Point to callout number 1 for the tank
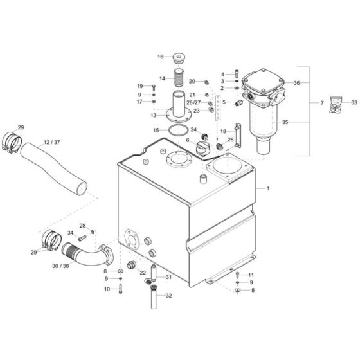point(267,188)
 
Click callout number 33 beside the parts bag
point(354,102)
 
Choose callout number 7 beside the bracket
point(322,102)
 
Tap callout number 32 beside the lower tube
point(169,296)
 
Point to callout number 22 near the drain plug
point(143,273)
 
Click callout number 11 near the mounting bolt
point(251,274)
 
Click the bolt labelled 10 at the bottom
point(121,289)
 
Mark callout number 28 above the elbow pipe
point(82,225)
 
